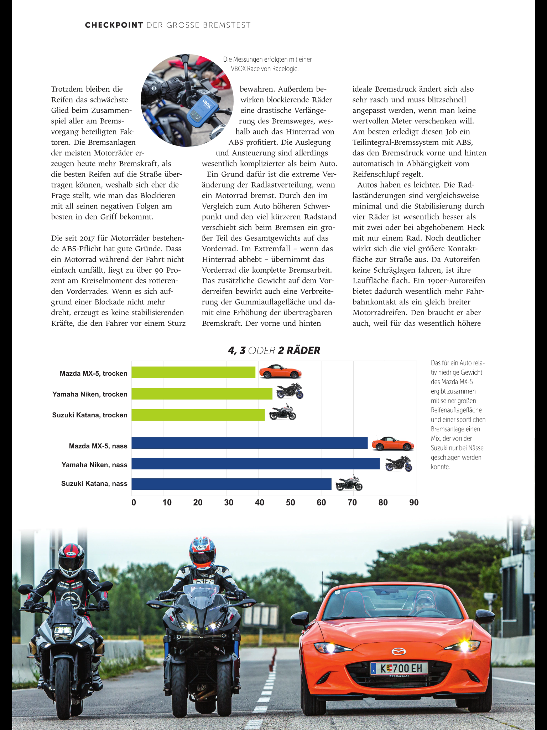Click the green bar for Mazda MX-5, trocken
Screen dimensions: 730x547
[193, 372]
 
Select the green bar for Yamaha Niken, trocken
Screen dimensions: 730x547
[202, 394]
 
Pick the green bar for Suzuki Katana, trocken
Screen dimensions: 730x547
[198, 415]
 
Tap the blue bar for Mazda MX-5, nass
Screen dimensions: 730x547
[249, 443]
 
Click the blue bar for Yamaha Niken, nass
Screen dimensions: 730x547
[255, 464]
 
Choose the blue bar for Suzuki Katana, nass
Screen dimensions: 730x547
[231, 484]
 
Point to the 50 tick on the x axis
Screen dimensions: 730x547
[290, 503]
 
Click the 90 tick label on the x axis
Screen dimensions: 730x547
[414, 503]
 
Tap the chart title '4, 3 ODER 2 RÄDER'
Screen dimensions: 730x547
[274, 351]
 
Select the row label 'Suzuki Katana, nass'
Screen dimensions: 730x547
[94, 484]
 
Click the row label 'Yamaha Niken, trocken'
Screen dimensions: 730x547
[90, 394]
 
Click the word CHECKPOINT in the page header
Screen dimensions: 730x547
[114, 25]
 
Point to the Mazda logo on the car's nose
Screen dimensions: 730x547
[398, 652]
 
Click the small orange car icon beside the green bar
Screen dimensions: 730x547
[280, 372]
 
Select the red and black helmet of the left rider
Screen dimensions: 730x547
[71, 560]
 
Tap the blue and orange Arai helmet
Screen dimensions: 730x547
[202, 552]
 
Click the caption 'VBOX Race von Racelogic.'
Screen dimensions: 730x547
[265, 69]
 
